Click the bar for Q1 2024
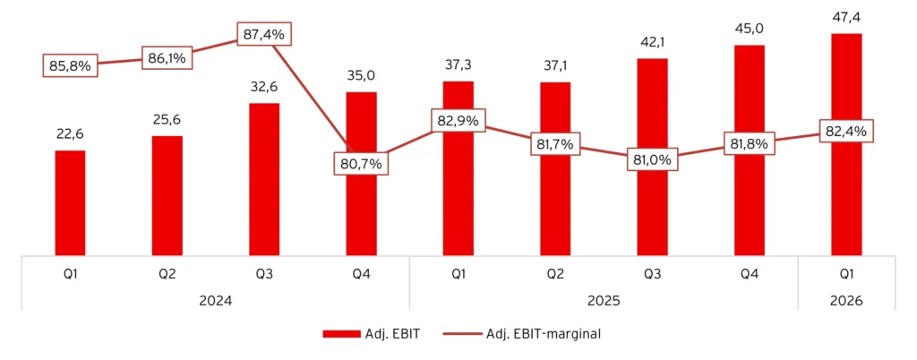pos(70,202)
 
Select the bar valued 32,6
pos(264,179)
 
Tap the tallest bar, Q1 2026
pos(846,144)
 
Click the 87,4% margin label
pos(264,35)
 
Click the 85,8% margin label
pos(70,65)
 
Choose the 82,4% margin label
pos(846,131)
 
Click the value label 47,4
pos(846,18)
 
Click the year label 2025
pos(604,301)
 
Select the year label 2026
pos(846,301)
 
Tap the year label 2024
pos(216,301)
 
